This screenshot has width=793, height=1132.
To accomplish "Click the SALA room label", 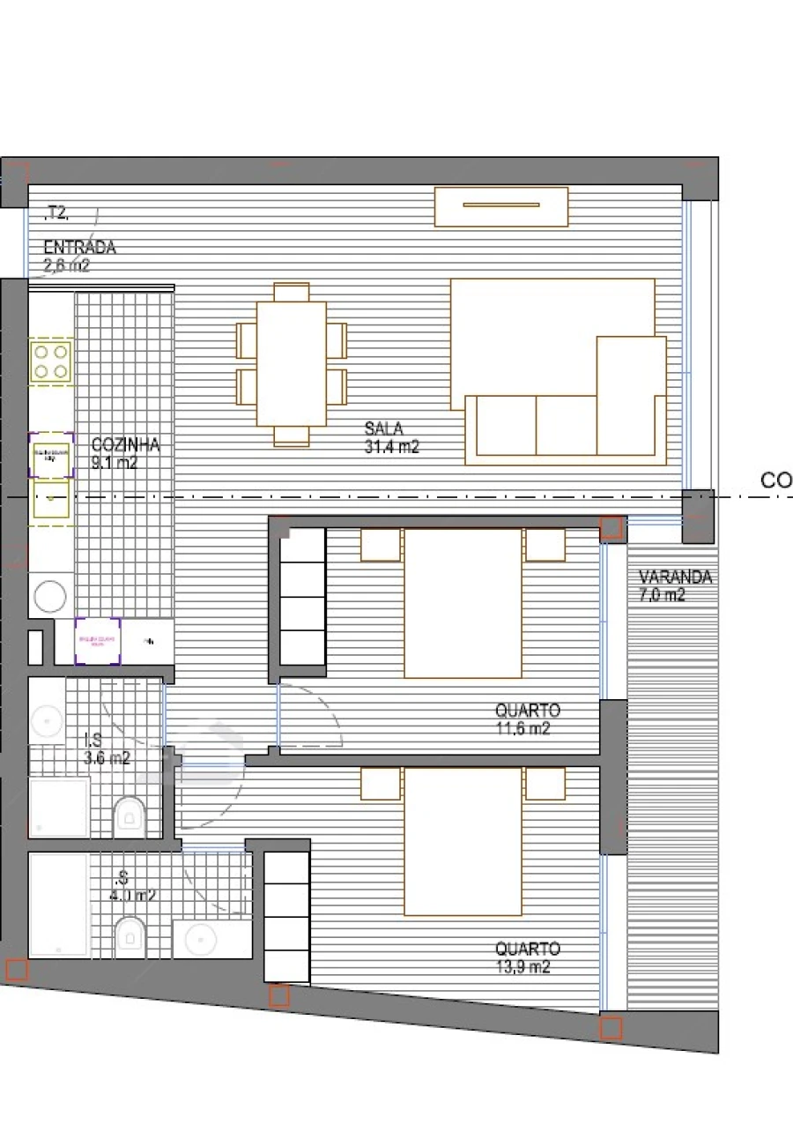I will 384,429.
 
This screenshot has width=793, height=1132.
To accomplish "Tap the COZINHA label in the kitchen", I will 125,445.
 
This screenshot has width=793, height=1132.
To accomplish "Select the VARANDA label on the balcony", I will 675,577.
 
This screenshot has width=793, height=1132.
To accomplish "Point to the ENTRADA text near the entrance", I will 79,248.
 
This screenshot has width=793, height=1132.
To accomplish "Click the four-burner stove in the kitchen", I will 50,361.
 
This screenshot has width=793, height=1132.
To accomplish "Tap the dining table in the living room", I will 292,364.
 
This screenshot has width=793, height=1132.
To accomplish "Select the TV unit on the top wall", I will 500,206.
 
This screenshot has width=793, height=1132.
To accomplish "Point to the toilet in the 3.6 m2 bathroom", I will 130,817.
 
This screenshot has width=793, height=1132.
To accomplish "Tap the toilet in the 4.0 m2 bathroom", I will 130,937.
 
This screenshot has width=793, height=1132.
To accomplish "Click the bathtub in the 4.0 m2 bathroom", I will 58,905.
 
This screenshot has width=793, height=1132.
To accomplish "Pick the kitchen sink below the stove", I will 51,500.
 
